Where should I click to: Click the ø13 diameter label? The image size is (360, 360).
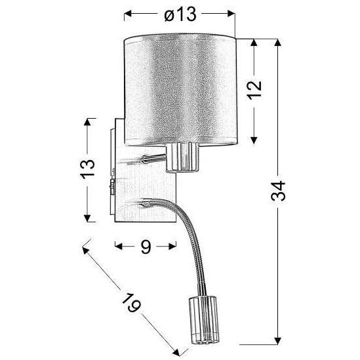click(179, 14)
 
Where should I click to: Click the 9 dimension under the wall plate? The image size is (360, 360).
click(146, 247)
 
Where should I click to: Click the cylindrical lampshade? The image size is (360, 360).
click(179, 89)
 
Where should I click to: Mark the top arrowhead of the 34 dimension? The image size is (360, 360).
click(280, 43)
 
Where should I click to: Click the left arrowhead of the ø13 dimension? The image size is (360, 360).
click(127, 14)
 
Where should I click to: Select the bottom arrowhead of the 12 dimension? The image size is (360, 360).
click(256, 142)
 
